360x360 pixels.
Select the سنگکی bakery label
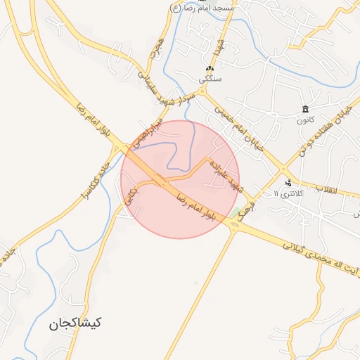point(210,79)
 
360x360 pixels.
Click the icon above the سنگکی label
point(209,69)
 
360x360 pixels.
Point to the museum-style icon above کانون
point(304,108)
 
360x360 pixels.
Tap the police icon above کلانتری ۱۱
point(288,183)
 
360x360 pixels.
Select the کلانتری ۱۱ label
point(287,193)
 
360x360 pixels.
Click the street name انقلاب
point(326,190)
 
